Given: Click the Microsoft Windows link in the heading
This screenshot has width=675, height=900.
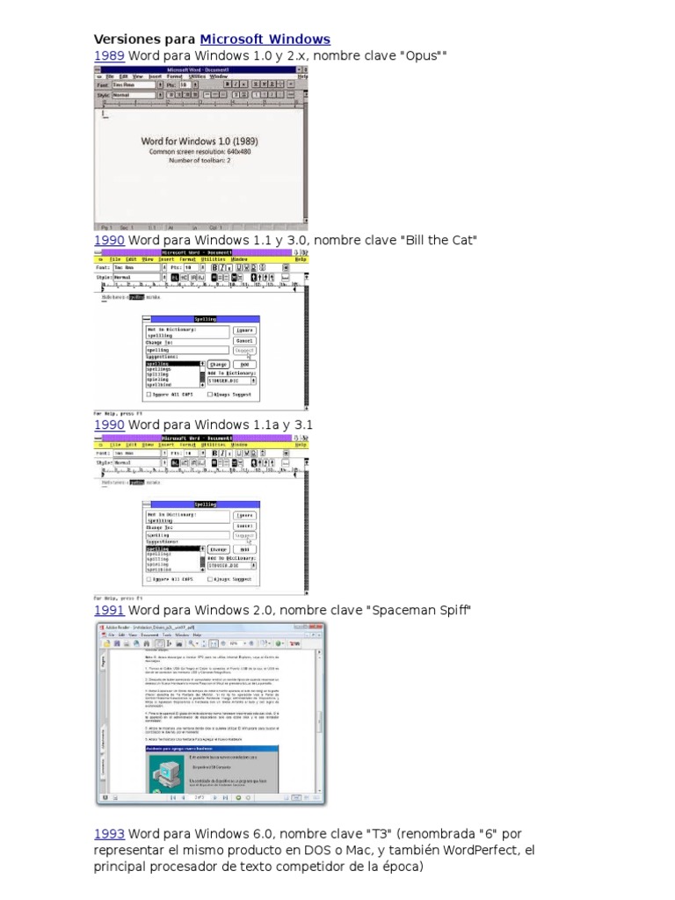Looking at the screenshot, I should [265, 40].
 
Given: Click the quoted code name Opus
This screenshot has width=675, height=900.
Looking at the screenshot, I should [422, 56].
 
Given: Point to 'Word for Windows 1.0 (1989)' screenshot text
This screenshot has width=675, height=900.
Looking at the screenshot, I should [200, 141].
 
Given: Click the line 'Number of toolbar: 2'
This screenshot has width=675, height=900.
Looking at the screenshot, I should [200, 161].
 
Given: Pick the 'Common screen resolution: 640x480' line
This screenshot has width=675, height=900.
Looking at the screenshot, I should [200, 151].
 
